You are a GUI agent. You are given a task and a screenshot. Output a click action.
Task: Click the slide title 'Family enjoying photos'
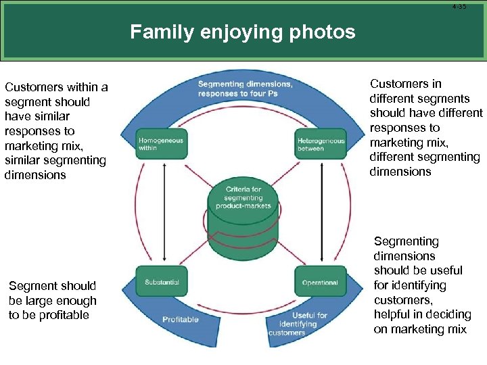(x=242, y=32)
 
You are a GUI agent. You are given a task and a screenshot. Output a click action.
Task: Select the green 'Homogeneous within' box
(x=160, y=144)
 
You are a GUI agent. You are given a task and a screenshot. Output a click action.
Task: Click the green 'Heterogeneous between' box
(x=321, y=144)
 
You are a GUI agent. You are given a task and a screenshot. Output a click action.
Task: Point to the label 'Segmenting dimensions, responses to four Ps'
(x=245, y=89)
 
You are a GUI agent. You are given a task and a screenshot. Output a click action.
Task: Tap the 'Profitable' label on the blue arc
(x=181, y=319)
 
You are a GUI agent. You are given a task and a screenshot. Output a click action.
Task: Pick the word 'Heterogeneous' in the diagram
(x=321, y=141)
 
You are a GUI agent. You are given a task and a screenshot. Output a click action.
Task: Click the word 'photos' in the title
(x=323, y=32)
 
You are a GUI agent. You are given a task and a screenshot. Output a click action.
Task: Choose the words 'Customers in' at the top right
(x=405, y=84)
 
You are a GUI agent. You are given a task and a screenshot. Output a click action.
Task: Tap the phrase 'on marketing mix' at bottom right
(x=419, y=329)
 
